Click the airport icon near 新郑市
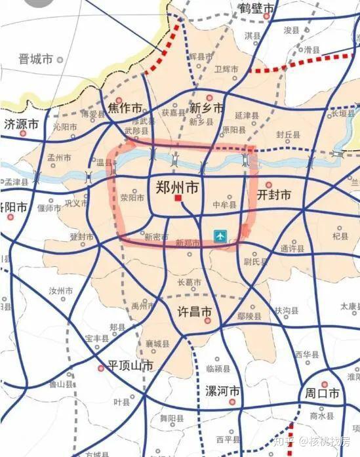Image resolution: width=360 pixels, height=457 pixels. point(222,234)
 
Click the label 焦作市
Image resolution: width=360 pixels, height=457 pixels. point(125,108)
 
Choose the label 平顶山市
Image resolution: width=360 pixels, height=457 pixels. point(126,366)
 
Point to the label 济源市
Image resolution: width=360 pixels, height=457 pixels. point(22,124)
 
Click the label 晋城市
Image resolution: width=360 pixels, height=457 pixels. point(36,59)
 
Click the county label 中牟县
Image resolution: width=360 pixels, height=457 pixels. point(224,205)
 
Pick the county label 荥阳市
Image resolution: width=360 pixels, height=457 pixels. point(132,197)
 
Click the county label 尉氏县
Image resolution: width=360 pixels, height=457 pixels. point(256,262)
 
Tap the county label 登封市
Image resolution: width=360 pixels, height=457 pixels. point(82,237)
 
